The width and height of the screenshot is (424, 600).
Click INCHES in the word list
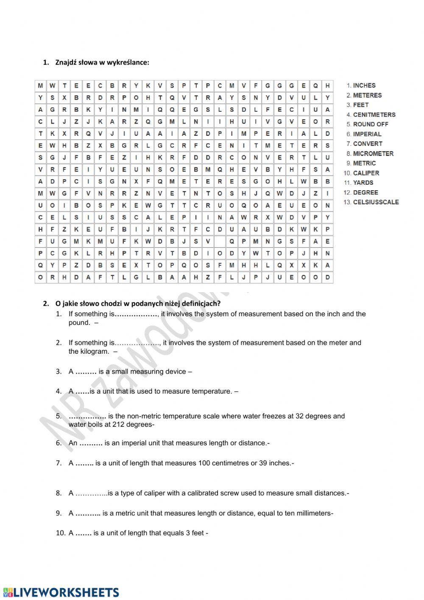pos(364,85)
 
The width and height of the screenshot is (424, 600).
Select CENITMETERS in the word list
pos(374,115)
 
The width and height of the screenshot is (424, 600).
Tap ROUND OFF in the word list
pos(371,124)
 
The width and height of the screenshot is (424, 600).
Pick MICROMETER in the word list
pos(373,154)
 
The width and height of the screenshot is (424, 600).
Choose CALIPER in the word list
pos(366,173)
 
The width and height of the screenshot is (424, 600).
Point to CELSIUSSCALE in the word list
pos(376,202)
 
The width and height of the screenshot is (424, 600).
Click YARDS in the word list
pos(363,183)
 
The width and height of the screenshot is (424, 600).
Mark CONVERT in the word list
pos(368,144)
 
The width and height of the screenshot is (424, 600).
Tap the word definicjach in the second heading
pos(200,304)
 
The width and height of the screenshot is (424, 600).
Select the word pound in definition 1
pos(79,323)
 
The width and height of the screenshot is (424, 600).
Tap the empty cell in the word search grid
pos(220,242)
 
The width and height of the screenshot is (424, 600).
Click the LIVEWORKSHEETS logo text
pos(66,592)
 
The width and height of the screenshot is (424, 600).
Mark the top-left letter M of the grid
pos(40,86)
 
